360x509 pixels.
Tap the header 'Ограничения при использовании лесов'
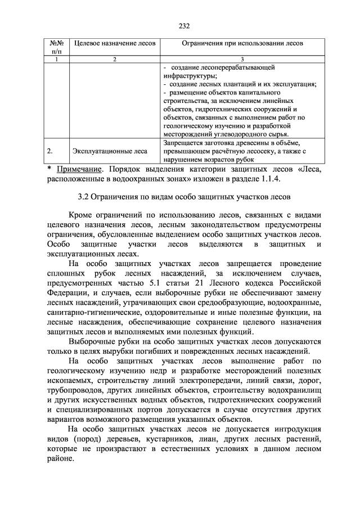[242, 43]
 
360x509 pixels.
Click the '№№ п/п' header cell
[56, 47]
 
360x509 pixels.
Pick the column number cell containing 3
[242, 59]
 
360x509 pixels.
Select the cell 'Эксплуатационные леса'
[110, 151]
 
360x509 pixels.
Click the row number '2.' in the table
[50, 151]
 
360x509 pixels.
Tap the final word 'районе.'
[59, 458]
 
